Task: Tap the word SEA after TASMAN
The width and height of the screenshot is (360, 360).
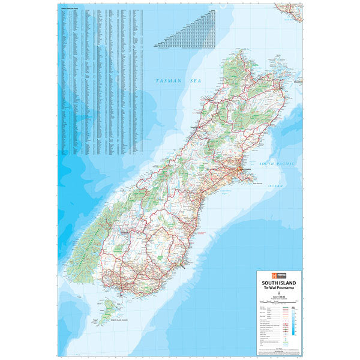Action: click(x=193, y=80)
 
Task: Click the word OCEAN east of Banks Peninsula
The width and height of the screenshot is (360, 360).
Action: click(x=275, y=186)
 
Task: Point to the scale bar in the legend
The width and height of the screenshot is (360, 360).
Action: click(x=275, y=302)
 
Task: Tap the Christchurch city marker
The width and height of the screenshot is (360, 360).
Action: click(x=241, y=172)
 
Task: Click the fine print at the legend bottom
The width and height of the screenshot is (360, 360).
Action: click(x=275, y=352)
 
